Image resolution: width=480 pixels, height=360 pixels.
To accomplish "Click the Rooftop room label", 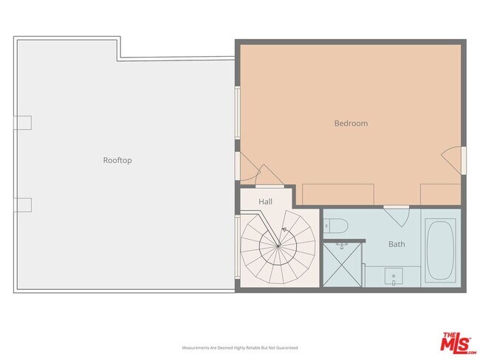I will coord(117,160).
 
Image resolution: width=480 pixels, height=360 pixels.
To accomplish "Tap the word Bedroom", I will coord(351,123).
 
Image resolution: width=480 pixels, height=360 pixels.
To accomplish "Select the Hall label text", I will coord(266,201).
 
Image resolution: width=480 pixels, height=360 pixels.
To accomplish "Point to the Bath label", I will coord(396,243).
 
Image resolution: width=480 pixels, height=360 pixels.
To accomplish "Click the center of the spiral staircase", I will coord(278,246).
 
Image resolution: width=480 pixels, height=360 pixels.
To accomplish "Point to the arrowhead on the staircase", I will coord(284,229).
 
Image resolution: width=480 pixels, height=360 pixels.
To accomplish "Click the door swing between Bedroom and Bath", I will coord(396,216).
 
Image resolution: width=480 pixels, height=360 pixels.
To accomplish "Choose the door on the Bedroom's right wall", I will coord(452,160).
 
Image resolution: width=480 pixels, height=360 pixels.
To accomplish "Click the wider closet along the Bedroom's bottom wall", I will coord(338,195).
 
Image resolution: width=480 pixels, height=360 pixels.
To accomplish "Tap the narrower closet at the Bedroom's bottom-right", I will coord(440,195).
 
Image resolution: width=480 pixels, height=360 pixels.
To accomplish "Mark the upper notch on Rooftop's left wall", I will coord(23,122).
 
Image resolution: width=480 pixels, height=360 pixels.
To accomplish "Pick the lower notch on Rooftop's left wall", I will coord(23,204).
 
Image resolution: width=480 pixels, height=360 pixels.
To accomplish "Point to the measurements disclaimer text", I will coord(240,347).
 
